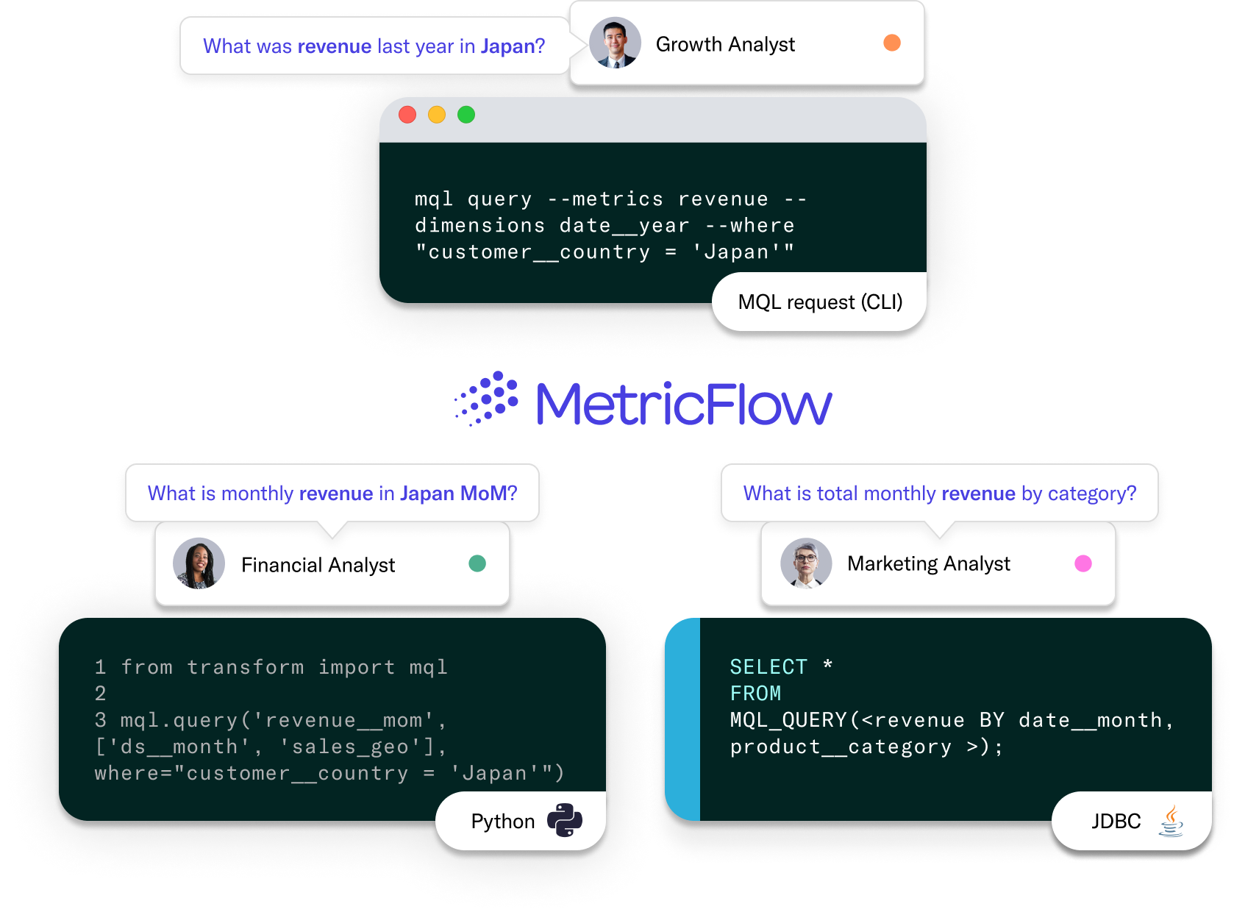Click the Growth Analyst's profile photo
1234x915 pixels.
click(616, 43)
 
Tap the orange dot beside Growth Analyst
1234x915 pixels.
click(892, 43)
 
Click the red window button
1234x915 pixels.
click(407, 115)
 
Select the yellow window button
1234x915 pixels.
click(437, 115)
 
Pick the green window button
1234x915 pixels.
click(466, 115)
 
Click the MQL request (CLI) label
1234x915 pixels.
click(820, 302)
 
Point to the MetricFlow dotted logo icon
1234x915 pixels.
click(487, 399)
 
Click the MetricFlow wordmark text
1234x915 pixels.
click(684, 404)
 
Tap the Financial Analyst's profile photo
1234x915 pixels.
click(199, 564)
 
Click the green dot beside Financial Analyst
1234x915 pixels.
click(477, 563)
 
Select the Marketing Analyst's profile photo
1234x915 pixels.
click(806, 563)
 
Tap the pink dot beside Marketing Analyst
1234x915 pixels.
click(1083, 563)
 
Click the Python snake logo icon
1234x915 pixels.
click(565, 820)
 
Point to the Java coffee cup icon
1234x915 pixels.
click(1171, 821)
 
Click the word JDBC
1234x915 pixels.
click(1116, 821)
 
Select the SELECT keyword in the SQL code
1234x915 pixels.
click(768, 667)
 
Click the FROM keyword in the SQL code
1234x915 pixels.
click(755, 694)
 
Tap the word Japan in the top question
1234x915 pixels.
click(507, 46)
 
